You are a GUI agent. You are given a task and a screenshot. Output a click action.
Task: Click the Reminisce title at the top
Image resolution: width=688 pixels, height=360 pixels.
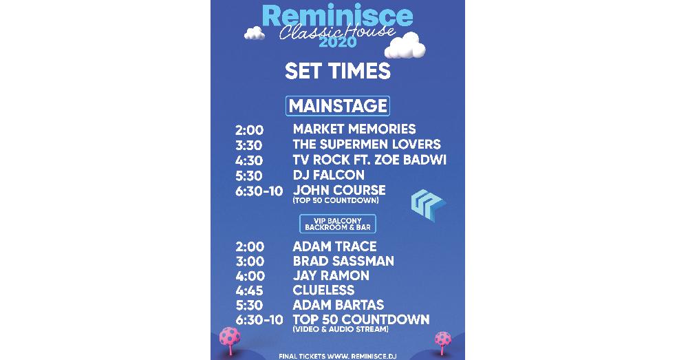coord(337,17)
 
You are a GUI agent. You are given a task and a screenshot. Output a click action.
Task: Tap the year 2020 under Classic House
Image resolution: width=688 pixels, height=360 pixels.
coord(337,42)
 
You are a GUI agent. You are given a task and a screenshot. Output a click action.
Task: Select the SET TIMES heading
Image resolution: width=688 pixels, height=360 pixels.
coord(337,71)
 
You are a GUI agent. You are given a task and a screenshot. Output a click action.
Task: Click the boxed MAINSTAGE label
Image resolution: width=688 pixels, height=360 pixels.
coord(337,106)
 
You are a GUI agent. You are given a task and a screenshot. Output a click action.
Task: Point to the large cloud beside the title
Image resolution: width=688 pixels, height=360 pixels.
coord(405,45)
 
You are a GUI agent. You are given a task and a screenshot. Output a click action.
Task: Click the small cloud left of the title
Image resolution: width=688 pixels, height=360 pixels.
coord(254,33)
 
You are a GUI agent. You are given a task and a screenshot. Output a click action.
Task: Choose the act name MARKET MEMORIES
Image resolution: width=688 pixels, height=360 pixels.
coord(354,129)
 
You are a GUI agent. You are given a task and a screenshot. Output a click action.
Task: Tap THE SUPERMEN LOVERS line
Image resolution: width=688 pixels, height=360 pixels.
coord(367,145)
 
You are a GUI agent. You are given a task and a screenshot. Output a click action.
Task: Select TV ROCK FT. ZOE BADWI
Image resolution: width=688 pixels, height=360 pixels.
coord(369,160)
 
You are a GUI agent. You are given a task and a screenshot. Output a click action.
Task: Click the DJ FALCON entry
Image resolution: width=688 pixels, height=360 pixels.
coord(329,175)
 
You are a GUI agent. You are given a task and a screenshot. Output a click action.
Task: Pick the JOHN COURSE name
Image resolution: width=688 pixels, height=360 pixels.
coord(339,190)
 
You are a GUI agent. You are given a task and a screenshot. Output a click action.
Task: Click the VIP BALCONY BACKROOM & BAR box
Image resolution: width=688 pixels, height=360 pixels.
coord(337,224)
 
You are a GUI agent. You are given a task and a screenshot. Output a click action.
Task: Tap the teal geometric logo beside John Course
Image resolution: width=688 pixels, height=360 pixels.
coord(428,205)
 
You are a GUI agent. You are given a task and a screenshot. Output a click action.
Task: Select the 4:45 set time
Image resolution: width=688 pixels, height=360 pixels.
coord(249,290)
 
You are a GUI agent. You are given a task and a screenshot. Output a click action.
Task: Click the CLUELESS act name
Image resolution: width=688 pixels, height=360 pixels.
coord(323,290)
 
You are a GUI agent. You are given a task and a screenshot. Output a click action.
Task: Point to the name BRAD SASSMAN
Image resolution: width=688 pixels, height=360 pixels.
coord(343,261)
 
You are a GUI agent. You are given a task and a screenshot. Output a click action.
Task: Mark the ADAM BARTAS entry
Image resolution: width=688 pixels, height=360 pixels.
coord(338,305)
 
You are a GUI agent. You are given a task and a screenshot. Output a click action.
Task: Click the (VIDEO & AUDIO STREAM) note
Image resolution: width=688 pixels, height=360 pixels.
coord(341,329)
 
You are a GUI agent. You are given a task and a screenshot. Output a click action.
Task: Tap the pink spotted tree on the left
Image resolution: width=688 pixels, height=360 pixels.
coord(230,340)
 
